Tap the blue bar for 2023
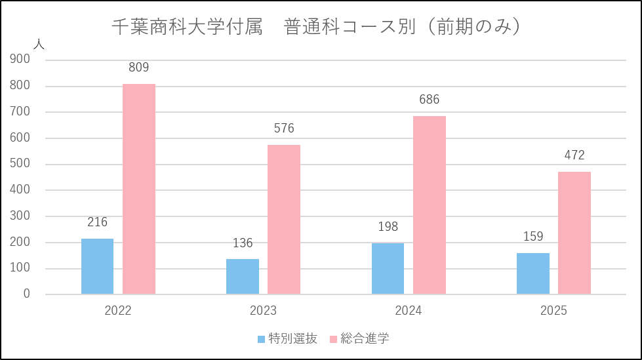[x=243, y=277]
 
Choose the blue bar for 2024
[x=388, y=269]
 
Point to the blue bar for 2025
[x=533, y=273]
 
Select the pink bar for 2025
[x=574, y=233]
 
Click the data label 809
[x=139, y=67]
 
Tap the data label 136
[x=243, y=243]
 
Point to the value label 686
[x=430, y=100]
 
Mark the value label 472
[x=574, y=155]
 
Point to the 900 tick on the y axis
[x=20, y=59]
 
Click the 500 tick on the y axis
[x=20, y=164]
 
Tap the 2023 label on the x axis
[x=263, y=311]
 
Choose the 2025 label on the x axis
[x=553, y=311]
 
